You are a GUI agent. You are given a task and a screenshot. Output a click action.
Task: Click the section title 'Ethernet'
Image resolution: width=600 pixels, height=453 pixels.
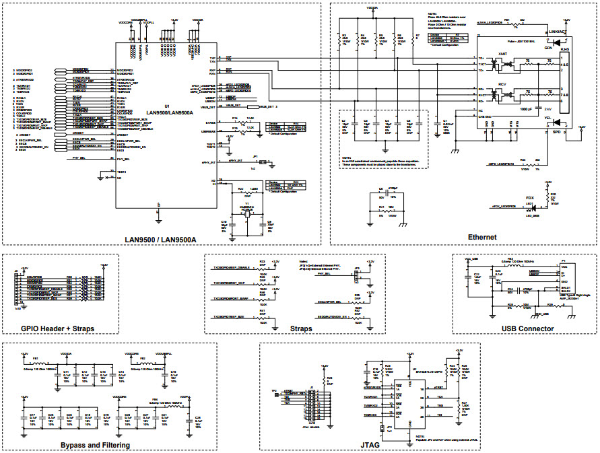(482, 237)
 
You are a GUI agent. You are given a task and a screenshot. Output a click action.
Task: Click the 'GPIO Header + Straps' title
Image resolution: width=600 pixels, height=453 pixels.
(58, 328)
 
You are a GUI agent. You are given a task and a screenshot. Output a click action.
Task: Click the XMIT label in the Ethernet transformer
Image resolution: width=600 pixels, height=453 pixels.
(502, 53)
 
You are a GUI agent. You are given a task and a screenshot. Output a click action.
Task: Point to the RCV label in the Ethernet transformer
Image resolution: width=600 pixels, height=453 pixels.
(502, 84)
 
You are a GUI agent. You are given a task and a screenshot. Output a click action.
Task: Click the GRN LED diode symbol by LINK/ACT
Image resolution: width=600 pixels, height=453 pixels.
(556, 41)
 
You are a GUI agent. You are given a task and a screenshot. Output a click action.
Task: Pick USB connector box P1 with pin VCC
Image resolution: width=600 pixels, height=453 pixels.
(562, 279)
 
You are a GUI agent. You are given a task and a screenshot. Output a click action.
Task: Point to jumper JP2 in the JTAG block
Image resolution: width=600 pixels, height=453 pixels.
(390, 427)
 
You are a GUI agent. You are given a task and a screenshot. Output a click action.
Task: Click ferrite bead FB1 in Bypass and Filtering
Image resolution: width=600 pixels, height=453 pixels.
(37, 361)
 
